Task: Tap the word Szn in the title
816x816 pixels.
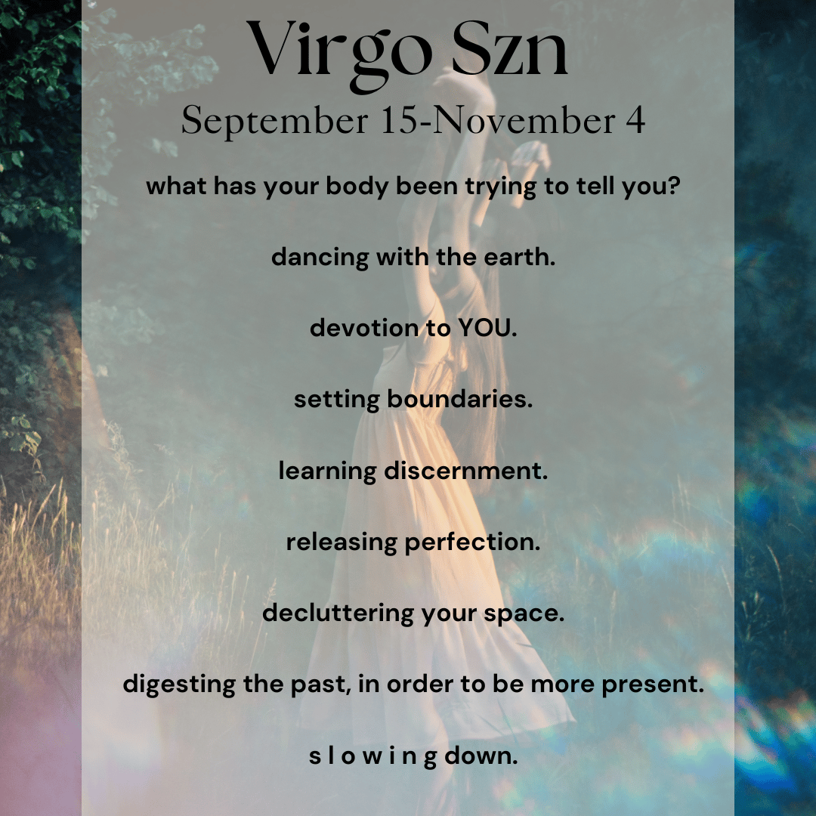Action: (509, 49)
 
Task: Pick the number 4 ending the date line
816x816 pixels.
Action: (635, 119)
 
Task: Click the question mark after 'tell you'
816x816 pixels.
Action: (675, 185)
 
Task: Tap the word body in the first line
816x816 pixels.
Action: (357, 187)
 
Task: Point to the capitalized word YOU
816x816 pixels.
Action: (486, 329)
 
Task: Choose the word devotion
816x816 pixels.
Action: (364, 328)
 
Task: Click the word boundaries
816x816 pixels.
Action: (459, 399)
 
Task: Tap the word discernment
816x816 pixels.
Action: (465, 471)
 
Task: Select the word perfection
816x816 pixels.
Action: (472, 542)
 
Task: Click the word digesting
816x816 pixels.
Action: (179, 685)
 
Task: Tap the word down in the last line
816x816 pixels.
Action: (481, 756)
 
